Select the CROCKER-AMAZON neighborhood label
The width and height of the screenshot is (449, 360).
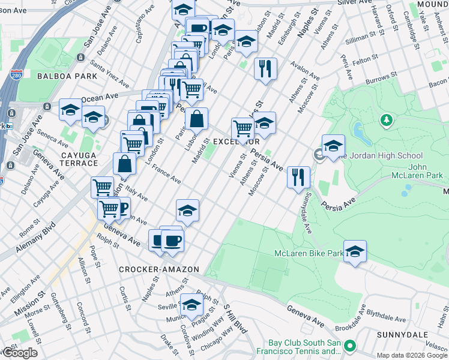pos(159,269)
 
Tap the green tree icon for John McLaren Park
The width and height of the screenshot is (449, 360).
pos(387,121)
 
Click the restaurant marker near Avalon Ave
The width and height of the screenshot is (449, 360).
pos(265,68)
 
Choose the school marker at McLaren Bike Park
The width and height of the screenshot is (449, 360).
pos(355,252)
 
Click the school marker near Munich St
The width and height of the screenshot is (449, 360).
pos(192,306)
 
